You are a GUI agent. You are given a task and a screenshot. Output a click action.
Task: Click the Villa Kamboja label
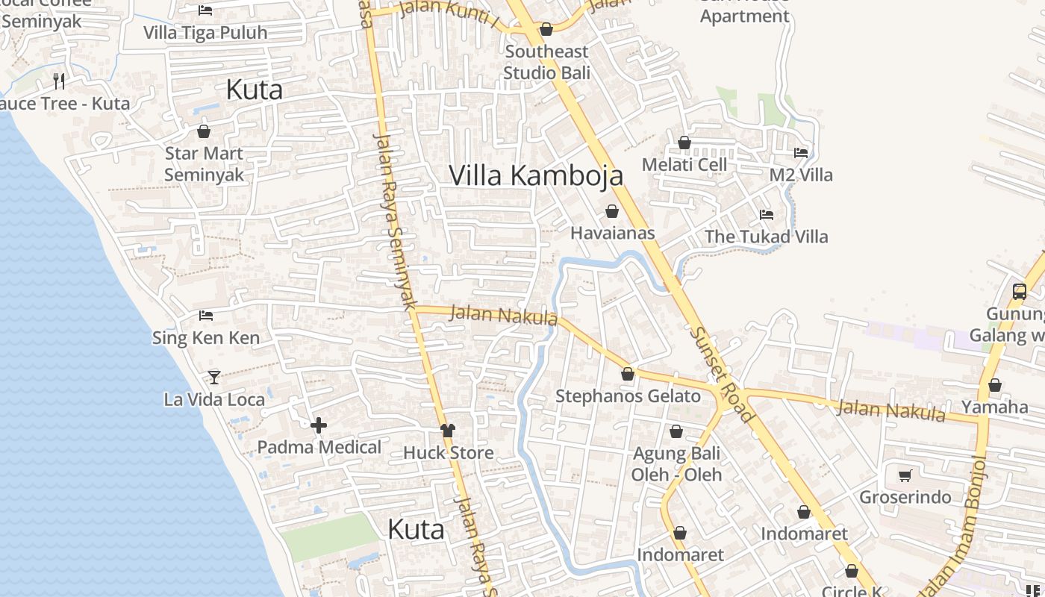(x=536, y=175)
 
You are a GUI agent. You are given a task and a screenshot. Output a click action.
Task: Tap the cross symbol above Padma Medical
(x=319, y=425)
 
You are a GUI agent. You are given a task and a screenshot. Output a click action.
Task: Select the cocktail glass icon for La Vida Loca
(x=214, y=377)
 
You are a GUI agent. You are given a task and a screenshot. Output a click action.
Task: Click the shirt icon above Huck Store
(x=448, y=431)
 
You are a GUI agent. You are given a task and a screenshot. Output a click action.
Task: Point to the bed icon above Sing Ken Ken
(x=206, y=316)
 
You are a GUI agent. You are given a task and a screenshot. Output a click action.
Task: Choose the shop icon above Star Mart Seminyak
(x=204, y=132)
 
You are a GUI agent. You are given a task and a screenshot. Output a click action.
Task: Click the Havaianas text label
(x=612, y=233)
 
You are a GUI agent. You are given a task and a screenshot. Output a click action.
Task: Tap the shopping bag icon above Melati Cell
(x=684, y=143)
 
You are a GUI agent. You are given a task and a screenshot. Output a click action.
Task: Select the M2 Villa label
(x=801, y=175)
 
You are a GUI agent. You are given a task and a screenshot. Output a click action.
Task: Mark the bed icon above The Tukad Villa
(x=767, y=215)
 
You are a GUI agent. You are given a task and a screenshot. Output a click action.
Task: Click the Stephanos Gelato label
(x=628, y=396)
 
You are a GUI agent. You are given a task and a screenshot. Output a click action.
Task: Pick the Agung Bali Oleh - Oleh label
(x=676, y=463)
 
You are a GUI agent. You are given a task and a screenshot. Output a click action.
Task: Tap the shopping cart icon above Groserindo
(x=905, y=475)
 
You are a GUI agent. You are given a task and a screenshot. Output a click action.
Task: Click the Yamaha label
(x=994, y=407)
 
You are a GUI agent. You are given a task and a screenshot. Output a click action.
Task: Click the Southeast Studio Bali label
(x=546, y=62)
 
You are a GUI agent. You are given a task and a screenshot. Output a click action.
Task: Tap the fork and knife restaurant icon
(x=59, y=81)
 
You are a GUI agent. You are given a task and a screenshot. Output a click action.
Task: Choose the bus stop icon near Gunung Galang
(x=1020, y=291)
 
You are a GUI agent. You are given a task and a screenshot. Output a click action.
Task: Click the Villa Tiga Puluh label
(x=205, y=33)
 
